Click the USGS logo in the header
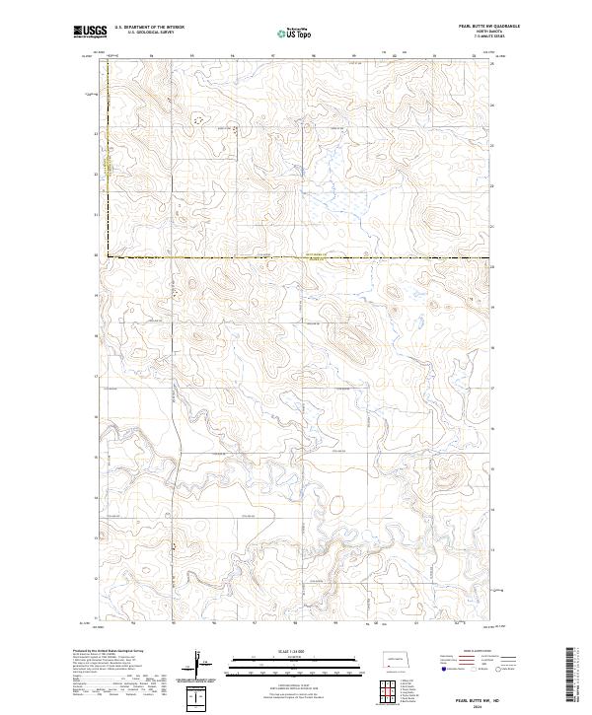[91, 32]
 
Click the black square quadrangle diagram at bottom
[200, 697]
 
